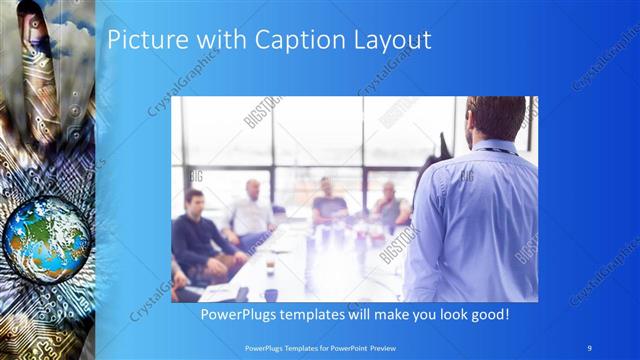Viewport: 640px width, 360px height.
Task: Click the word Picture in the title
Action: click(142, 41)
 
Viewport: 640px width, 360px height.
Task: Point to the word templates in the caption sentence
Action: click(324, 314)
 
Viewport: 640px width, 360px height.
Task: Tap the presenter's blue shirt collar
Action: click(495, 147)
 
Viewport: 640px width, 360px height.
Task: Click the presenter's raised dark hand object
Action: click(431, 165)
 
